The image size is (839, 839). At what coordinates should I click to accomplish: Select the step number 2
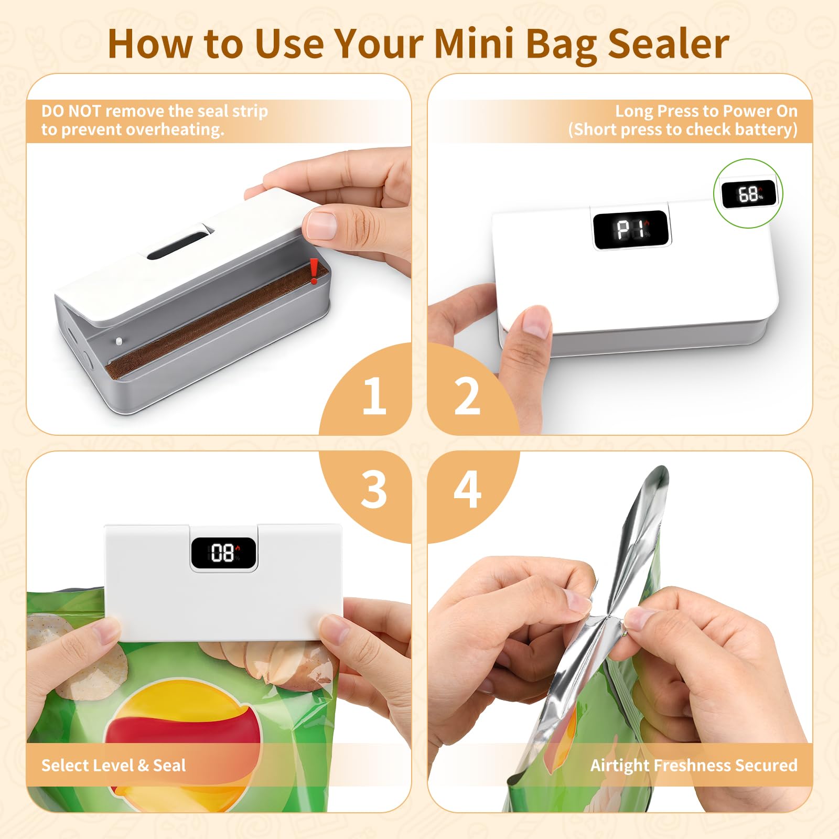467,396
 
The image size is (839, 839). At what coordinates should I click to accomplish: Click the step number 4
467,489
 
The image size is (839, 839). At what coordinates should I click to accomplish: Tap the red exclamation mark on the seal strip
314,271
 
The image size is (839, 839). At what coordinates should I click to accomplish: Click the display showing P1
631,230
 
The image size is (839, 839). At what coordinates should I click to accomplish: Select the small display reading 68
748,194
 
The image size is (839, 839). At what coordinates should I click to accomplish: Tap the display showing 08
223,553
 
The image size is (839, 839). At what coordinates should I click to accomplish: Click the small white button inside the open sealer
119,340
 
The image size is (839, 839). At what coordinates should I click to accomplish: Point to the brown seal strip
216,319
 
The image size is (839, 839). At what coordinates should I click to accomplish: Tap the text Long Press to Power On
706,111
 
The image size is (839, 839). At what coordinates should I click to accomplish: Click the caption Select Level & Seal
114,765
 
